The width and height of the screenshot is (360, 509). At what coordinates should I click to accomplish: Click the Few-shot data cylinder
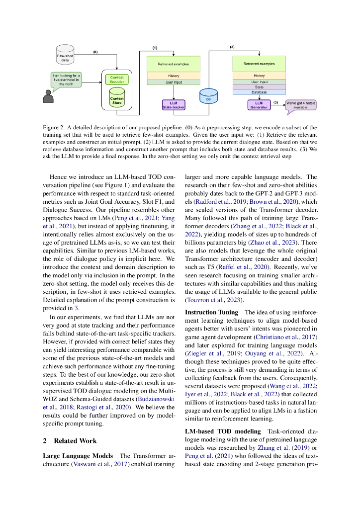64,54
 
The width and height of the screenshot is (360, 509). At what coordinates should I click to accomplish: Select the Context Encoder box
117,80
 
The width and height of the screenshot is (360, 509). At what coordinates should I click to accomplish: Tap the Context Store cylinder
117,97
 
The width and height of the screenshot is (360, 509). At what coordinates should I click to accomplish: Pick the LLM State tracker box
173,104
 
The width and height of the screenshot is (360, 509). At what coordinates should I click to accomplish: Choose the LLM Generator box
258,104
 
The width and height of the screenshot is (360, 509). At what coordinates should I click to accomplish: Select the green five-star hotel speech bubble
66,80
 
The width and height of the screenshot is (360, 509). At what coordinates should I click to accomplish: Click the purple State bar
259,87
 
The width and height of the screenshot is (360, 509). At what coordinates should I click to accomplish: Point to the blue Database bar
259,92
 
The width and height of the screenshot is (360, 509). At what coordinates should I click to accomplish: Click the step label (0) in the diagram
95,52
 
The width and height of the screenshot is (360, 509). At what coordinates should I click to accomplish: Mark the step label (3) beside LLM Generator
275,102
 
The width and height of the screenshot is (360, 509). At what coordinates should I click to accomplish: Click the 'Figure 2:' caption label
54,128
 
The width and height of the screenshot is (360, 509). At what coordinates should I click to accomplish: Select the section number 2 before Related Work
45,441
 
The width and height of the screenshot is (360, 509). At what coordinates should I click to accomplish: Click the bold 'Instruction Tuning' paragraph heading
212,312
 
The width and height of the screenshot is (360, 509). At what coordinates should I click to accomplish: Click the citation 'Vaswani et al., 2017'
93,464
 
